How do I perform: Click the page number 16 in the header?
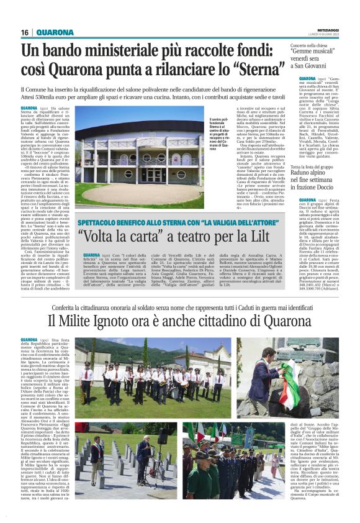25,32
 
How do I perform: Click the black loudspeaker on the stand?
160,440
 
